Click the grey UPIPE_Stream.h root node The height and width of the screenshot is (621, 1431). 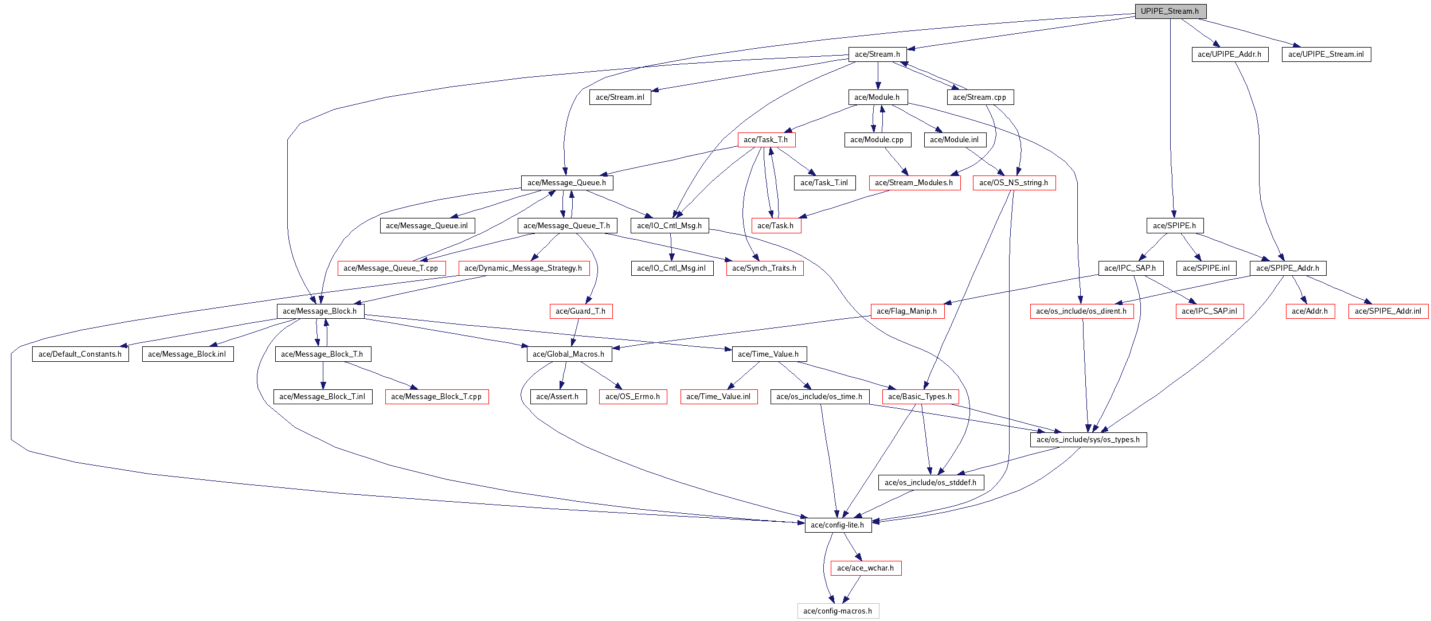(x=1171, y=11)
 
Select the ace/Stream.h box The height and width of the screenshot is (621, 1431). (x=877, y=54)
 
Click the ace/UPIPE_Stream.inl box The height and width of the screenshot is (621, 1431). (x=1326, y=54)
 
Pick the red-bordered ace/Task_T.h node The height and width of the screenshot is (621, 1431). (x=767, y=140)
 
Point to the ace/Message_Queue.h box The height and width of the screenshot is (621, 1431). (x=567, y=183)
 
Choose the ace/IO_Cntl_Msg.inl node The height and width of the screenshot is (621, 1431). (x=672, y=268)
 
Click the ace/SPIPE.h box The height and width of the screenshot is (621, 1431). (x=1175, y=226)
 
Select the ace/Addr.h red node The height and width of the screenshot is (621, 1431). (x=1310, y=311)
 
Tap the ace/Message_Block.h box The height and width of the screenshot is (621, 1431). (x=320, y=311)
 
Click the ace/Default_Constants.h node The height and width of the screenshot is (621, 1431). (x=80, y=354)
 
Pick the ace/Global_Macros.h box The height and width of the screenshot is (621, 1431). (x=569, y=354)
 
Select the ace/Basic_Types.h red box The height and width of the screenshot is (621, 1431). (x=920, y=397)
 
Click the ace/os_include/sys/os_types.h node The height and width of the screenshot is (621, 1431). (x=1088, y=440)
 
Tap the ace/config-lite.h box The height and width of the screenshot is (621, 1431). (x=838, y=525)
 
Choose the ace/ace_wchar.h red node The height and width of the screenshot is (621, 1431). (x=866, y=568)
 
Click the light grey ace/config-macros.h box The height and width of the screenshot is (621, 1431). (x=838, y=611)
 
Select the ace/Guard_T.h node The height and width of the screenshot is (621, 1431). (x=581, y=311)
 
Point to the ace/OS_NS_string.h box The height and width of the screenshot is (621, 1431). (x=1014, y=183)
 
